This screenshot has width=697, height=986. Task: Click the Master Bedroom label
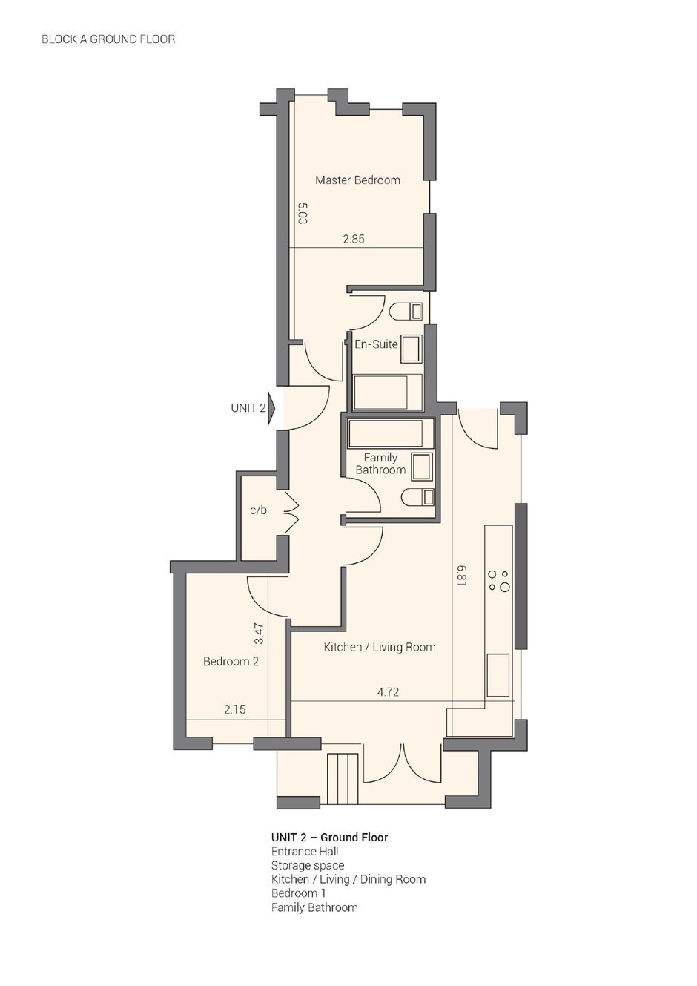tap(357, 180)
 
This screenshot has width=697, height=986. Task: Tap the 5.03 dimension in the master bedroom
tap(303, 213)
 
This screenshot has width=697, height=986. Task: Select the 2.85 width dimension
tap(354, 239)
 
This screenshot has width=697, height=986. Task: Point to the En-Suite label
tap(376, 344)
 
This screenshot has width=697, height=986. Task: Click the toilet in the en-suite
tap(406, 312)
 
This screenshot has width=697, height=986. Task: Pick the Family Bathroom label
tap(380, 464)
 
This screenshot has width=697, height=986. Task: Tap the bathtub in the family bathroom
tap(386, 434)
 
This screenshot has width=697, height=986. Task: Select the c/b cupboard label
tap(258, 510)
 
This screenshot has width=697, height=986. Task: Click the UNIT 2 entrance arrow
tap(271, 408)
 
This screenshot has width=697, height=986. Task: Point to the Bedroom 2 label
tap(231, 662)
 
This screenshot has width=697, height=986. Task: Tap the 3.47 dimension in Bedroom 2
tap(260, 634)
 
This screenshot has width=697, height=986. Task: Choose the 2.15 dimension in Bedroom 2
tap(234, 709)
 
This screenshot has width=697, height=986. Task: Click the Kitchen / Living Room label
tap(380, 647)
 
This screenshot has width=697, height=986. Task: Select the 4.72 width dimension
tap(388, 692)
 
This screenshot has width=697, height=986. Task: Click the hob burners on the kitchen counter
tap(499, 580)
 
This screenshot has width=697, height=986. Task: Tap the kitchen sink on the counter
tap(498, 675)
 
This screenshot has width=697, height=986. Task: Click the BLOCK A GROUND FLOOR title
tap(108, 39)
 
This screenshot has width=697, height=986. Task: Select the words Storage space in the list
tap(308, 865)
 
